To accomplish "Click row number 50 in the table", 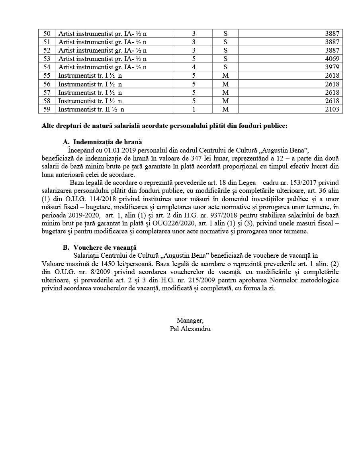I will (x=47, y=33).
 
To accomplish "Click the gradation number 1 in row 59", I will (x=194, y=109).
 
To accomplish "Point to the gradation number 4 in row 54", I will (x=194, y=67).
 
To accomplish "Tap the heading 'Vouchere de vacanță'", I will (x=105, y=248).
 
